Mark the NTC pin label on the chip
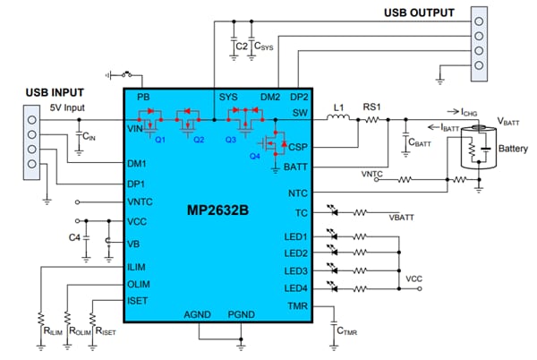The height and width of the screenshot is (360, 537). click(x=297, y=193)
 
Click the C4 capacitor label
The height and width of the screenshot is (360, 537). click(x=76, y=237)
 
